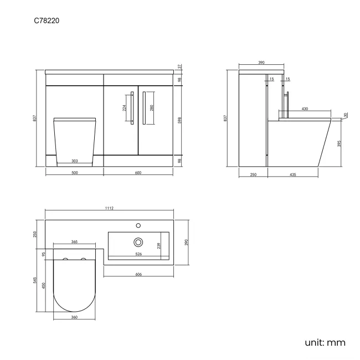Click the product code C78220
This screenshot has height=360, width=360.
[47, 20]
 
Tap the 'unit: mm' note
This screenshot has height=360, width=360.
[325, 342]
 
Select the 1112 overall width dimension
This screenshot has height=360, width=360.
[109, 208]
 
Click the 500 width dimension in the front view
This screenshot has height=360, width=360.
[75, 173]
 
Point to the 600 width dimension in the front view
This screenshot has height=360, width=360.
[138, 173]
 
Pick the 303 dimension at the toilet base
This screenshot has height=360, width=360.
[75, 161]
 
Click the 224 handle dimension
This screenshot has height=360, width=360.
[124, 107]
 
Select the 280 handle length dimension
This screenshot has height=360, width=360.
[152, 108]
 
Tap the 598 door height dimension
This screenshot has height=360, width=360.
[180, 120]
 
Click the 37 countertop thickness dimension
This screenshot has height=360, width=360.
[180, 66]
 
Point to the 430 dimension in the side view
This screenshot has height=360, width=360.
[305, 109]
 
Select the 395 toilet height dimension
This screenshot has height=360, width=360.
[340, 143]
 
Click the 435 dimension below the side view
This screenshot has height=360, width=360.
[293, 174]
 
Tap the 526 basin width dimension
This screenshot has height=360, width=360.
[138, 254]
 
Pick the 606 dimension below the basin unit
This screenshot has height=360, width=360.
[138, 274]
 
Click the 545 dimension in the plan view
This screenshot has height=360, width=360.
[35, 280]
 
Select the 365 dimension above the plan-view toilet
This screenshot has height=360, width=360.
[74, 242]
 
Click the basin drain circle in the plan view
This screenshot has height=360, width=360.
[138, 242]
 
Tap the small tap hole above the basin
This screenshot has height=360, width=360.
[138, 225]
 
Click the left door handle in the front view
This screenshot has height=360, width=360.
[132, 108]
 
